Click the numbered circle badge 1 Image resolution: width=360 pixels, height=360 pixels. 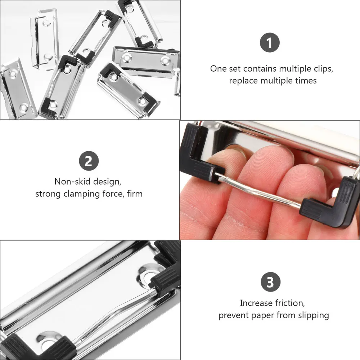tap(270, 43)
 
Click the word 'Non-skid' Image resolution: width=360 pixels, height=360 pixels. tap(70, 181)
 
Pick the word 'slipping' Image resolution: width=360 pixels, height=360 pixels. tap(312, 315)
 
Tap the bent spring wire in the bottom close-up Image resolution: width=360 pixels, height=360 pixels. tap(112, 313)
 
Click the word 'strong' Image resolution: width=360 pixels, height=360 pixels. tap(47, 194)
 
